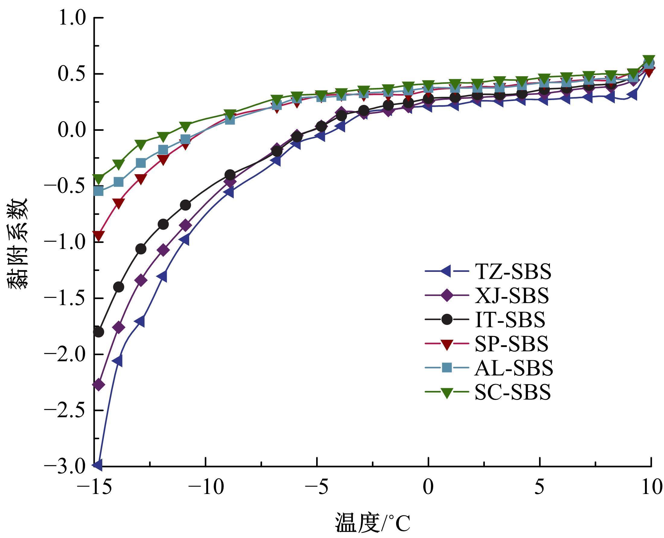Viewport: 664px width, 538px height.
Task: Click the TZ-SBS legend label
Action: [513, 272]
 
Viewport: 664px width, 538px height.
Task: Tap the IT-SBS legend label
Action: [510, 319]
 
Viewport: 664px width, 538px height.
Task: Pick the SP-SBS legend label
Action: [511, 344]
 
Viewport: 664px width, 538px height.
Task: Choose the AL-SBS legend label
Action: [513, 368]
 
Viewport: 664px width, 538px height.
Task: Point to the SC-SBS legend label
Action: [513, 392]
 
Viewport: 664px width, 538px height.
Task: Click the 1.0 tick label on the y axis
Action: [71, 19]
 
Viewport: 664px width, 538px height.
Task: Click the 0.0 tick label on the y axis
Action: [71, 131]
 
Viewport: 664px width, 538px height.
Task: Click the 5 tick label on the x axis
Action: [540, 487]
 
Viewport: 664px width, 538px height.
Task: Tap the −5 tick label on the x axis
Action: [317, 487]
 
